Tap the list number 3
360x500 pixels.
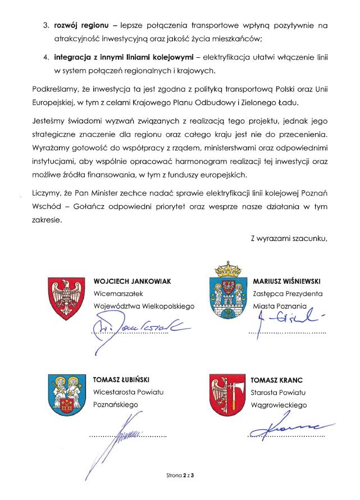point(46,26)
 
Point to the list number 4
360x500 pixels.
point(46,57)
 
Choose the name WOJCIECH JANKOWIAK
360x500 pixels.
point(132,280)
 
